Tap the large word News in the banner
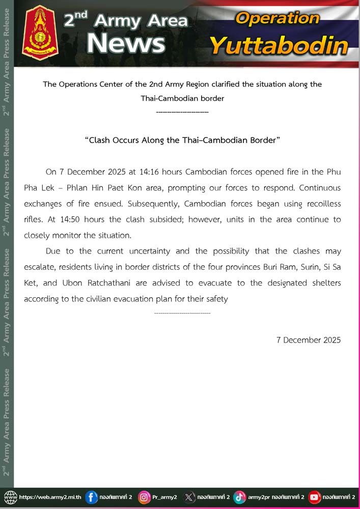click(x=126, y=43)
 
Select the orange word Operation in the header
click(x=278, y=19)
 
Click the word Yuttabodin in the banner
click(x=279, y=46)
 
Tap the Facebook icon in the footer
click(x=92, y=497)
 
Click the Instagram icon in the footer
click(x=145, y=497)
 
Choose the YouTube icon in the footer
click(x=315, y=497)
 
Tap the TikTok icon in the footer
click(x=240, y=497)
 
